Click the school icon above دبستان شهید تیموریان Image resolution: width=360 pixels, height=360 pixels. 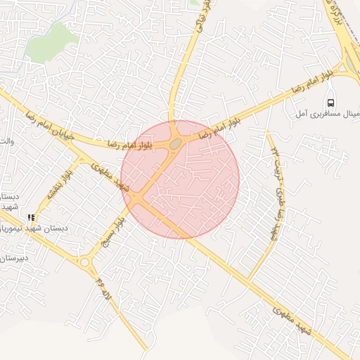coord(30,218)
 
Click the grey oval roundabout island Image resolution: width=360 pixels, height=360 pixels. coord(174,143)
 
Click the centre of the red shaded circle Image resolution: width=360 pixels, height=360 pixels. coord(180,179)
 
